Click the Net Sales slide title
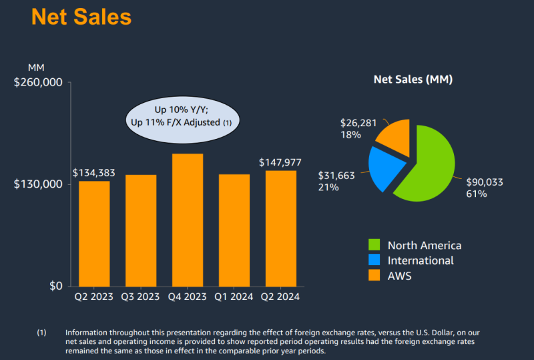click(x=81, y=17)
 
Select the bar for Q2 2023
click(x=94, y=233)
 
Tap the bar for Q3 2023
click(x=141, y=230)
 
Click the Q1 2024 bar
click(x=234, y=230)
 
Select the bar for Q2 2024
click(x=281, y=228)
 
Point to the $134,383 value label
click(x=94, y=173)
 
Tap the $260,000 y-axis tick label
click(x=38, y=82)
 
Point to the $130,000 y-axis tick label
click(x=38, y=184)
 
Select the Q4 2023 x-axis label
click(x=188, y=297)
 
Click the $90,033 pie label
click(x=484, y=182)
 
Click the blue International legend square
click(x=374, y=260)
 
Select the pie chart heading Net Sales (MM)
click(x=413, y=79)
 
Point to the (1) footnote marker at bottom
click(x=42, y=333)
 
